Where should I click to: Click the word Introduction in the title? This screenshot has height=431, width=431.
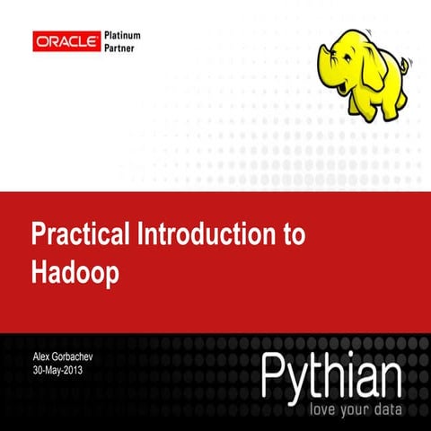pyautogui.click(x=204, y=235)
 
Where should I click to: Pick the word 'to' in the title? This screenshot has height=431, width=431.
pyautogui.click(x=293, y=236)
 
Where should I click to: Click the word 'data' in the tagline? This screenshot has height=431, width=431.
pyautogui.click(x=381, y=409)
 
